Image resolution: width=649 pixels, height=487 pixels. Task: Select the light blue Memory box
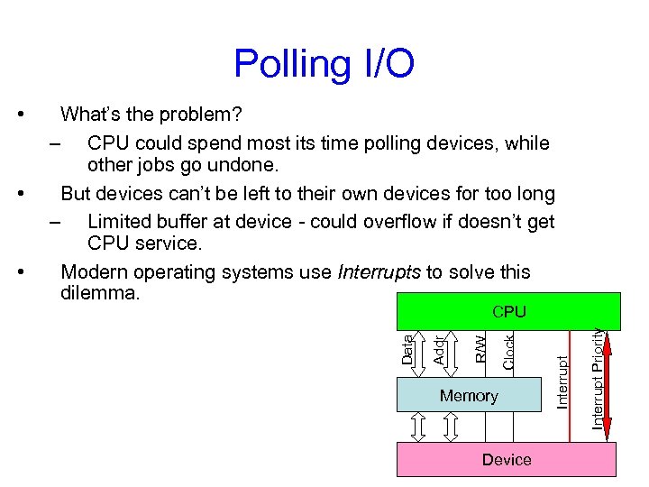coord(469,396)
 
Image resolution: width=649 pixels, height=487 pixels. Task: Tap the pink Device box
coord(507,460)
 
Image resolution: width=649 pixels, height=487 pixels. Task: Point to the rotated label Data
coord(407,350)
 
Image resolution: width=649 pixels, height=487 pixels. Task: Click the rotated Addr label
coord(438,350)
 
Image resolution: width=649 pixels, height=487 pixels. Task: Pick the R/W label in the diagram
coord(480,348)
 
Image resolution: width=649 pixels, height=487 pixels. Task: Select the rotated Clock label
coord(508,351)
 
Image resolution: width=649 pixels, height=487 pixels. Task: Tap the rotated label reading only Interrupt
coord(562,381)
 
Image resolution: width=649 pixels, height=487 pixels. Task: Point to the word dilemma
coord(99,293)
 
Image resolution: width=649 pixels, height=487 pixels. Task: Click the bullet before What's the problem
coord(21,115)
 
